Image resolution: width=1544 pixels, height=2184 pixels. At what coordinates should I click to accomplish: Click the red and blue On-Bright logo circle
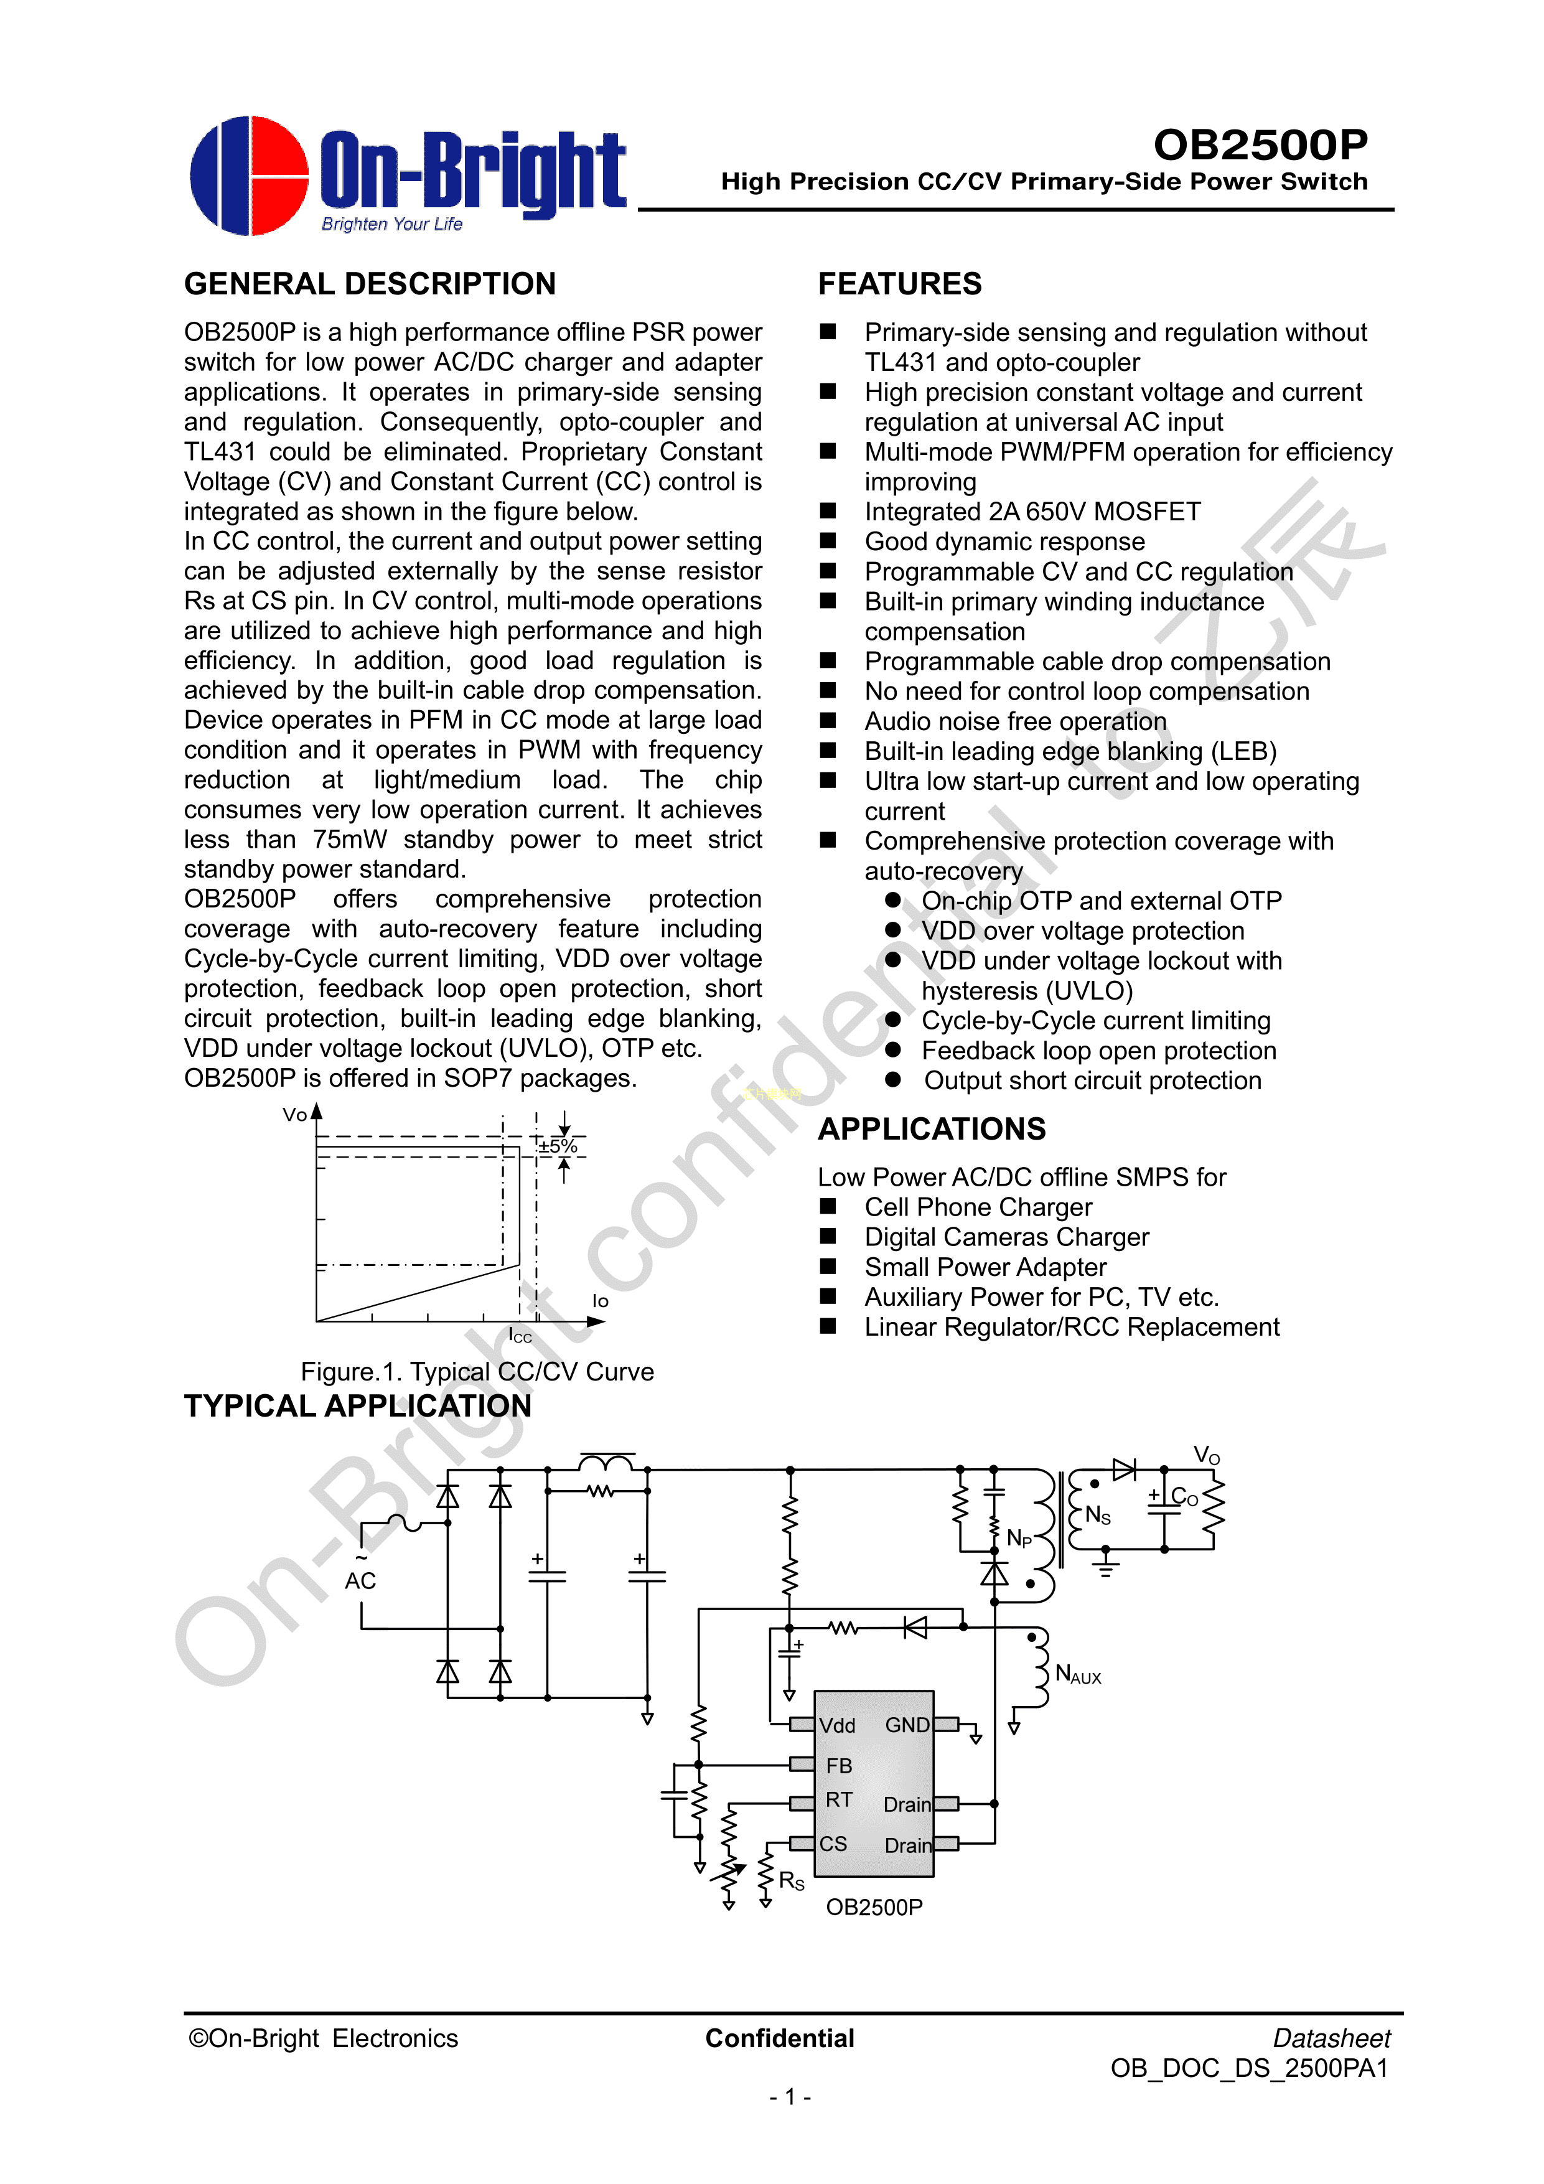click(x=250, y=176)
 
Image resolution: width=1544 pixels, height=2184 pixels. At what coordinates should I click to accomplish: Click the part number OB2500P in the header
click(x=1260, y=144)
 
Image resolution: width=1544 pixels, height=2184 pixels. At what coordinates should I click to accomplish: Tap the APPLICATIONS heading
click(x=932, y=1128)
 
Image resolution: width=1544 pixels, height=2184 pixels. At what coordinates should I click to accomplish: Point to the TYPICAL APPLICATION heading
click(x=358, y=1406)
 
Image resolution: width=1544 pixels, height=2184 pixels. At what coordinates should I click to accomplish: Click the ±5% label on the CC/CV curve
click(x=558, y=1146)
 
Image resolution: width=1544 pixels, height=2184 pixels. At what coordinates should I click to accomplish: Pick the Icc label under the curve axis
click(x=520, y=1336)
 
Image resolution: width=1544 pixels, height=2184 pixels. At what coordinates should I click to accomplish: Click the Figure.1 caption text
click(x=477, y=1372)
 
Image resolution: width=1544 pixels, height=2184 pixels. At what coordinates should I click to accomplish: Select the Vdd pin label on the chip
click(x=837, y=1725)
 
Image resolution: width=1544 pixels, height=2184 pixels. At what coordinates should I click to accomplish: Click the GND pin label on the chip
click(x=907, y=1725)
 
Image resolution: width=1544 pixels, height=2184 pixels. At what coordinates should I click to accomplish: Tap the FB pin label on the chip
click(x=839, y=1766)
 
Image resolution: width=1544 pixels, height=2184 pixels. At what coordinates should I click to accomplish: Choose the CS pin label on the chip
click(x=833, y=1844)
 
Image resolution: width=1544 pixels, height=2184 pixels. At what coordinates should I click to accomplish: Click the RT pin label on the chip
click(x=839, y=1800)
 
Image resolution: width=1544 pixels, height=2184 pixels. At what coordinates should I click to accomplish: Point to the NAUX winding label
click(x=1078, y=1674)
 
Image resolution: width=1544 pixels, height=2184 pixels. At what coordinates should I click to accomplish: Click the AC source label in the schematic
click(x=360, y=1581)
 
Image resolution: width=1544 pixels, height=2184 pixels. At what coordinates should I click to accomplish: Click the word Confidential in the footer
click(x=780, y=2038)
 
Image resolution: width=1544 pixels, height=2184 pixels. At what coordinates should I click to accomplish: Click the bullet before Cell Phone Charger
click(x=828, y=1206)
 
